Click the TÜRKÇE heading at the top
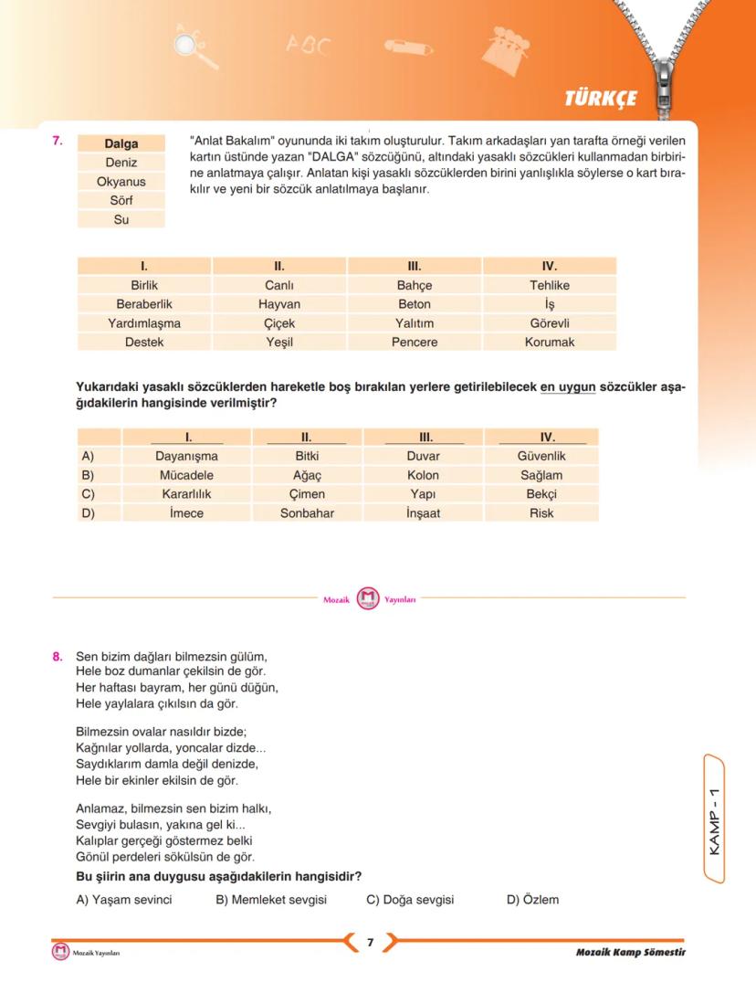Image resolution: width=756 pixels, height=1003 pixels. pyautogui.click(x=601, y=99)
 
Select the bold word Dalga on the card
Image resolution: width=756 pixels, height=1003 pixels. pyautogui.click(x=121, y=143)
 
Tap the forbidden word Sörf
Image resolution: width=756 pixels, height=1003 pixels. pyautogui.click(x=121, y=200)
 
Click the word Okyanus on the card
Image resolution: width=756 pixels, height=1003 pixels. pyautogui.click(x=121, y=182)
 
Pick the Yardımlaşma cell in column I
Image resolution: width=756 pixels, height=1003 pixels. pyautogui.click(x=144, y=323)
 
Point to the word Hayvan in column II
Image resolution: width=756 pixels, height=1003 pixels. pyautogui.click(x=279, y=304)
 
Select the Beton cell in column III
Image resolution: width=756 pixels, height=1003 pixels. pyautogui.click(x=415, y=304)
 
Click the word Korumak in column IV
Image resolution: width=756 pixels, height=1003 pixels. pyautogui.click(x=550, y=343)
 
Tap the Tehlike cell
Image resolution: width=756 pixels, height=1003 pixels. pyautogui.click(x=550, y=285)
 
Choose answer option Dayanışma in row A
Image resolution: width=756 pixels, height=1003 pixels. pyautogui.click(x=186, y=456)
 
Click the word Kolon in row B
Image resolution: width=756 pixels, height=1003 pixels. pyautogui.click(x=423, y=475)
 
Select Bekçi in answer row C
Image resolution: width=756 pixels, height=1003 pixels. pyautogui.click(x=541, y=494)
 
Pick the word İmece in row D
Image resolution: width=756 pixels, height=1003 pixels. pyautogui.click(x=186, y=513)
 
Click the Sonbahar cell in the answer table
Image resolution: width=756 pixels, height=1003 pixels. pyautogui.click(x=307, y=513)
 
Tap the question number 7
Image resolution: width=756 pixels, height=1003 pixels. pyautogui.click(x=57, y=141)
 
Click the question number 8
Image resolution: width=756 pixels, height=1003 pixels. pyautogui.click(x=57, y=656)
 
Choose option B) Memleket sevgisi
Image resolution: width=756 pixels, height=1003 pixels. pyautogui.click(x=271, y=900)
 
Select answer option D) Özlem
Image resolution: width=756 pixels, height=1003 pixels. pyautogui.click(x=532, y=900)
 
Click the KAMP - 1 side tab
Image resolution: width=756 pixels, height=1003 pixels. pyautogui.click(x=715, y=818)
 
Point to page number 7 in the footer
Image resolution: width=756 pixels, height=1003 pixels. pyautogui.click(x=370, y=943)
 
